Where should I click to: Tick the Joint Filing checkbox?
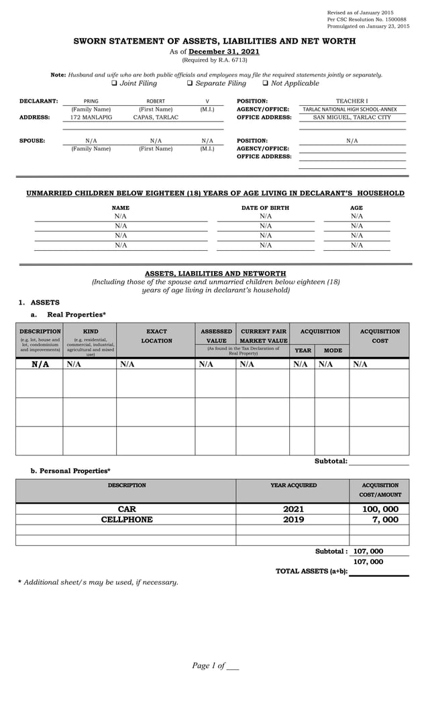114,83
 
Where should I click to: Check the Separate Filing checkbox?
190,83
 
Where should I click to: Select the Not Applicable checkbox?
266,83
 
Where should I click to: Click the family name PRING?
91,101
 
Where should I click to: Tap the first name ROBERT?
156,101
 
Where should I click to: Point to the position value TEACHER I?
352,101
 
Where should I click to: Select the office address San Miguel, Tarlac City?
352,117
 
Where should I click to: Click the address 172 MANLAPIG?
91,117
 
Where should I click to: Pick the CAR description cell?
127,509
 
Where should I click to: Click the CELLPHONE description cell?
127,519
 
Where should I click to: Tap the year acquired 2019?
293,519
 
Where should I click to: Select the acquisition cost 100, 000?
380,509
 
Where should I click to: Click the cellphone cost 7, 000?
385,519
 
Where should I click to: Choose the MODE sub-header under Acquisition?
332,350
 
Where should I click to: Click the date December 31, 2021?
223,52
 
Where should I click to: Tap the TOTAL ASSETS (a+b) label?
311,571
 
